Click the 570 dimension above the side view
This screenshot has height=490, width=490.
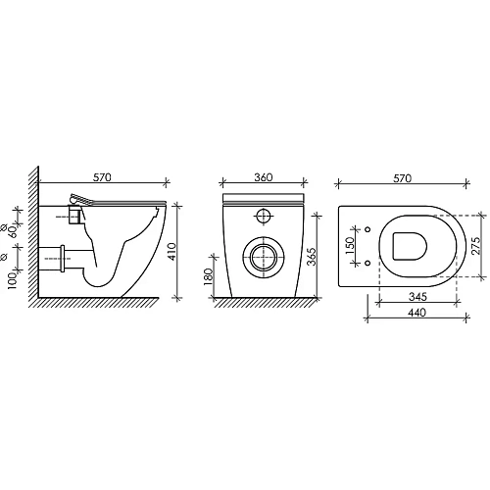tap(102, 177)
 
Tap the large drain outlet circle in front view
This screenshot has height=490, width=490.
tap(262, 258)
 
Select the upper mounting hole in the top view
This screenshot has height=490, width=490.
tap(366, 230)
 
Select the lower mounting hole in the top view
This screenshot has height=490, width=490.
tap(366, 263)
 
